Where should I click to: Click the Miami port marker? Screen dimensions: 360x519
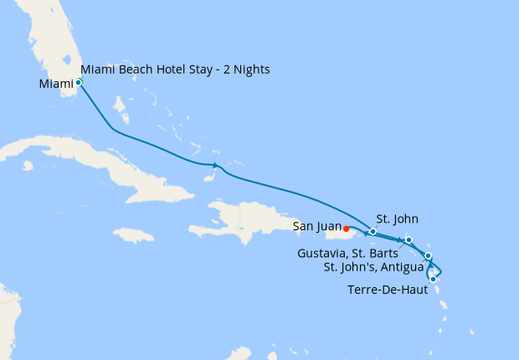pos(78,81)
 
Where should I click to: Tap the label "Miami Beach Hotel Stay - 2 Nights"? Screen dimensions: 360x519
pos(175,69)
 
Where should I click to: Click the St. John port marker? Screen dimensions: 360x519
pos(372,231)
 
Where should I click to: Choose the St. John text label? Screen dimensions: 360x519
pos(397,219)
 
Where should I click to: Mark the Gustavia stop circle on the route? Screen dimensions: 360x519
pos(409,240)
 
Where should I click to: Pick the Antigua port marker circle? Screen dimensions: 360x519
pos(428,255)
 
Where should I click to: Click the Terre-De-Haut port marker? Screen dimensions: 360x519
pos(433,279)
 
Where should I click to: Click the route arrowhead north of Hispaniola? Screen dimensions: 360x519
pos(216,165)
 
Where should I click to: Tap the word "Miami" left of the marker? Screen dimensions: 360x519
pos(55,84)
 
